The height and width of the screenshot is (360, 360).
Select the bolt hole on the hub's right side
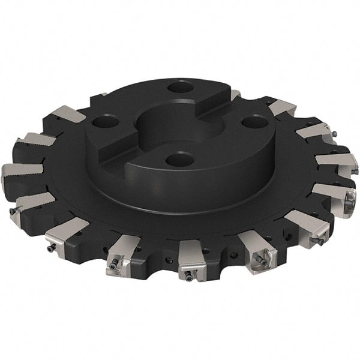[x=251, y=122]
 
